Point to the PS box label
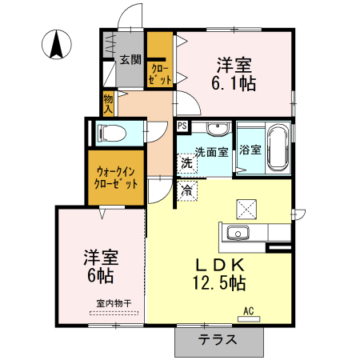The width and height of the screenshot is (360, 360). coord(182,126)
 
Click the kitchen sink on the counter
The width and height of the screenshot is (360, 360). coord(238,234)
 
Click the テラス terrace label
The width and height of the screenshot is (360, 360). coord(218,338)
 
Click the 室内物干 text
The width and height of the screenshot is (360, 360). coord(113,303)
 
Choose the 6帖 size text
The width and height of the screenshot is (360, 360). coord(101,275)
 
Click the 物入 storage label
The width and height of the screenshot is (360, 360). coord(108,102)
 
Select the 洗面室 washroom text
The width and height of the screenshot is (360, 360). coord(212,151)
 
